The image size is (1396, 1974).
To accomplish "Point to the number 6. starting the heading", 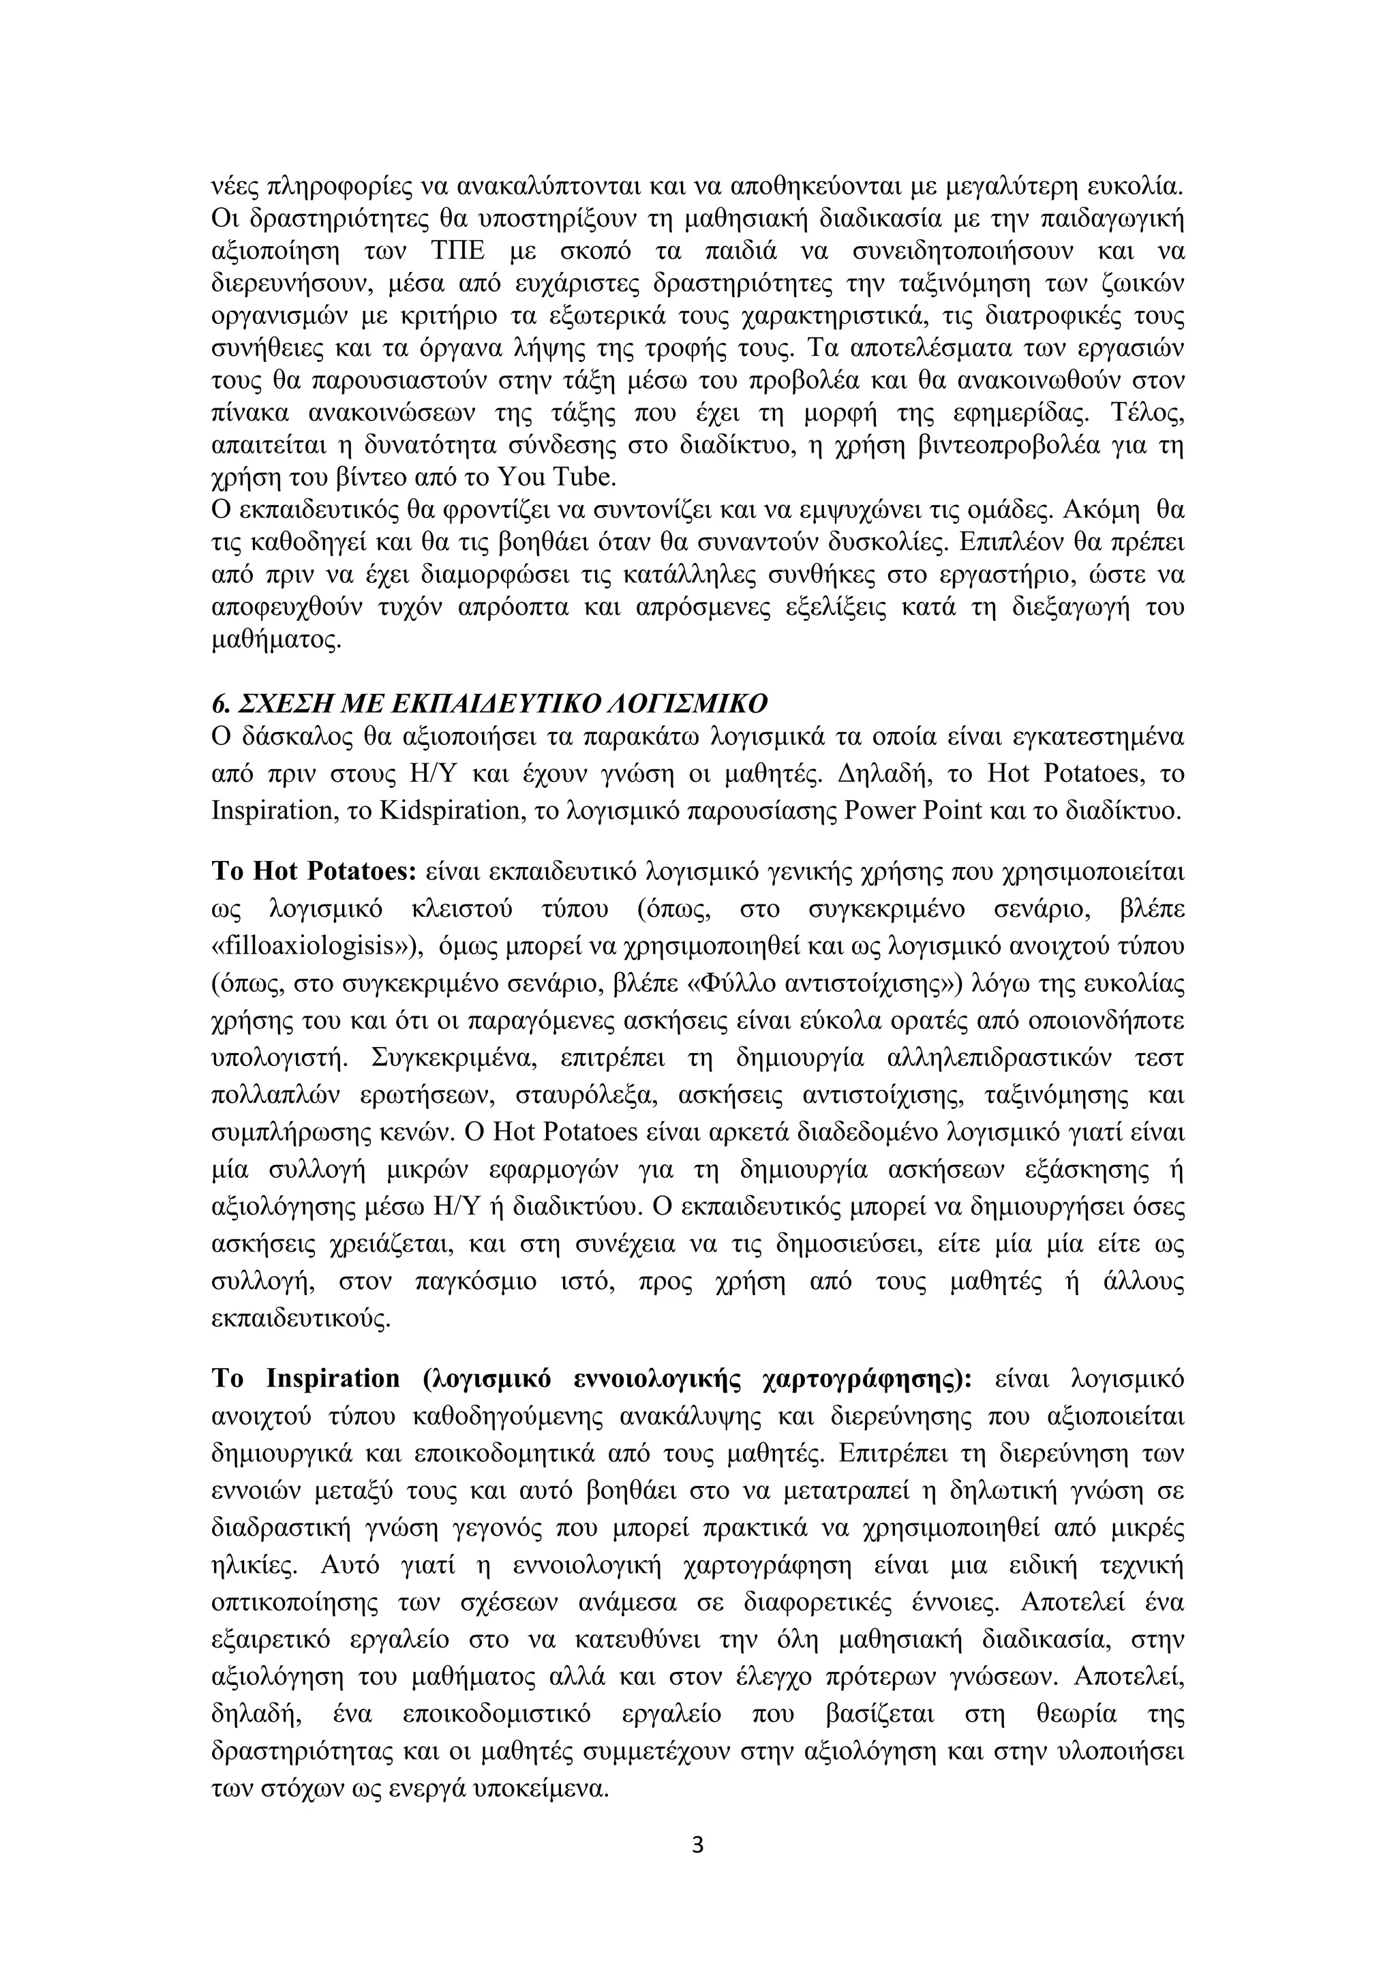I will coord(220,703).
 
